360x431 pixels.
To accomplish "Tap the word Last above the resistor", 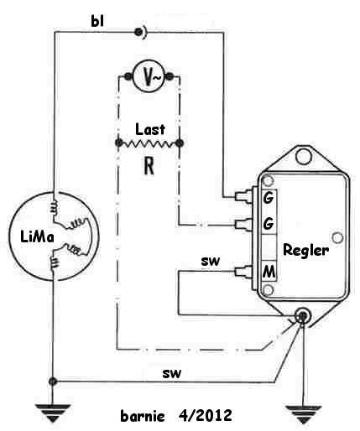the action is (150, 129).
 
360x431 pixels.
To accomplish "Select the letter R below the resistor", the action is (149, 165).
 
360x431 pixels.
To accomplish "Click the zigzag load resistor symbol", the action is (149, 143).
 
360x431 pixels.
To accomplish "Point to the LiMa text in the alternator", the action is (37, 237).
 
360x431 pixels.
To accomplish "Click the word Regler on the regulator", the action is (306, 249).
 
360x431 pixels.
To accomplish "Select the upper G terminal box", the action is (269, 198).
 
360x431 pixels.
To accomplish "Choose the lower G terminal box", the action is (269, 223).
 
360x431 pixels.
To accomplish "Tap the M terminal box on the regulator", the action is (269, 271).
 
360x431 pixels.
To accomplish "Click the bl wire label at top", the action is (97, 21).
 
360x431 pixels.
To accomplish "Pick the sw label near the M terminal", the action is (211, 261).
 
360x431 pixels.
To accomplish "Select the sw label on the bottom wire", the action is (171, 373).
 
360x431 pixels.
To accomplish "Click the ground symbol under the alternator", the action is (53, 413).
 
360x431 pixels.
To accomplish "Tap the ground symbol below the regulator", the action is (303, 414).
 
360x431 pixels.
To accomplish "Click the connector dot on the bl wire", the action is (138, 32).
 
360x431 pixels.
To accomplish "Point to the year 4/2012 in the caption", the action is (205, 415).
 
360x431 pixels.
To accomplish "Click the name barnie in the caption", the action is (143, 416).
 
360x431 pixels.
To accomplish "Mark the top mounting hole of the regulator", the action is (303, 156).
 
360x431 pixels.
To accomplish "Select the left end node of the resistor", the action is (119, 143).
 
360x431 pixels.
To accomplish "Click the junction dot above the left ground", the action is (53, 381).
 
